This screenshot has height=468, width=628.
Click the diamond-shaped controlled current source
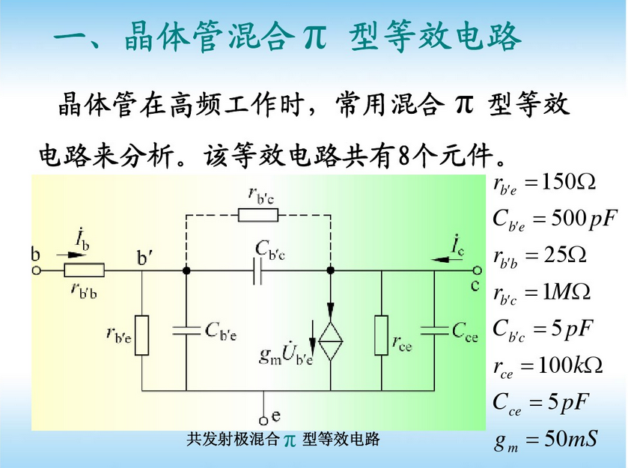pyautogui.click(x=330, y=341)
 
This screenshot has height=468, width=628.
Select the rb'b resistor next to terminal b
pyautogui.click(x=84, y=270)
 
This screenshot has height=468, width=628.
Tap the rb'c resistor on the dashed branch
pyautogui.click(x=258, y=215)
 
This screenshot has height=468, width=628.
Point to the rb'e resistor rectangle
pyautogui.click(x=141, y=335)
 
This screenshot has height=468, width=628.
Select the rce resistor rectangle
pyautogui.click(x=381, y=335)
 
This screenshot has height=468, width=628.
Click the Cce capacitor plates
pyautogui.click(x=434, y=330)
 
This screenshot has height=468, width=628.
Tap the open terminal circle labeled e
pyautogui.click(x=263, y=421)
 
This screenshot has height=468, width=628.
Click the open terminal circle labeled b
pyautogui.click(x=37, y=271)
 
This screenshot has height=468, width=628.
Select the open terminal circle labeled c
pyautogui.click(x=477, y=270)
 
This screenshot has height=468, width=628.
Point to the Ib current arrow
pyautogui.click(x=69, y=255)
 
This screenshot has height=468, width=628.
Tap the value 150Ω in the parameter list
pyautogui.click(x=569, y=182)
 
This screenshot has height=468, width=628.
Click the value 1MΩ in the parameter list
pyautogui.click(x=567, y=292)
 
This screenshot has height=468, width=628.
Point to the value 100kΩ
pyautogui.click(x=570, y=365)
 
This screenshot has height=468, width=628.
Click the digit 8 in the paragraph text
pyautogui.click(x=403, y=156)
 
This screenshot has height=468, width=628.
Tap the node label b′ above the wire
pyautogui.click(x=144, y=258)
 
